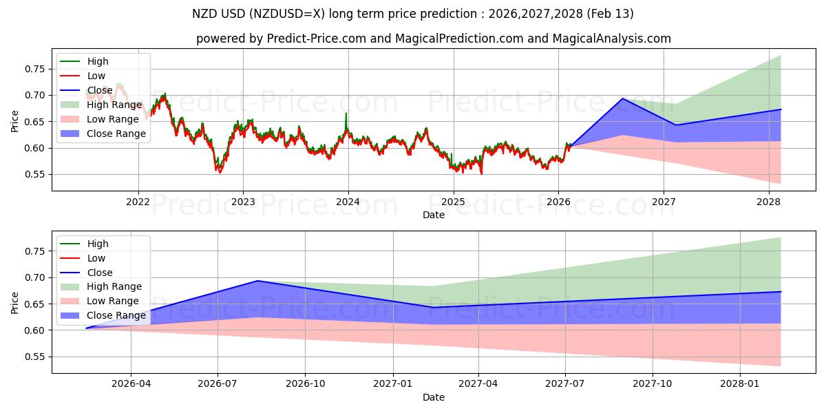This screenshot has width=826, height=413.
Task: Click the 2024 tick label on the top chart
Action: pyautogui.click(x=348, y=202)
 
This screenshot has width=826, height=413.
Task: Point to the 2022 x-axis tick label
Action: pyautogui.click(x=138, y=202)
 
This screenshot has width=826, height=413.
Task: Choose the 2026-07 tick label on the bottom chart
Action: pyautogui.click(x=218, y=384)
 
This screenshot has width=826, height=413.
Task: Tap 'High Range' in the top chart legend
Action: pyautogui.click(x=114, y=105)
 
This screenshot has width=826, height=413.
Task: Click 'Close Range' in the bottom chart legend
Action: pyautogui.click(x=116, y=315)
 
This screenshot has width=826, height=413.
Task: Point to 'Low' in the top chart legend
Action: pyautogui.click(x=96, y=76)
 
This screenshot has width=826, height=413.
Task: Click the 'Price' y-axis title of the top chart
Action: pyautogui.click(x=15, y=121)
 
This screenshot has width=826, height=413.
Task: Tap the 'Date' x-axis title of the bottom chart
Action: pyautogui.click(x=434, y=397)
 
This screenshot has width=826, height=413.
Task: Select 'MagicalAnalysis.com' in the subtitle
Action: pyautogui.click(x=612, y=39)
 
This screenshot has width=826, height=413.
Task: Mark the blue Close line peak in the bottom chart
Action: pyautogui.click(x=257, y=281)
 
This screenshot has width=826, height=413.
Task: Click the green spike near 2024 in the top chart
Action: pyautogui.click(x=346, y=114)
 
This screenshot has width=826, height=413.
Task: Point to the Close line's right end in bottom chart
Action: pyautogui.click(x=781, y=292)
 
